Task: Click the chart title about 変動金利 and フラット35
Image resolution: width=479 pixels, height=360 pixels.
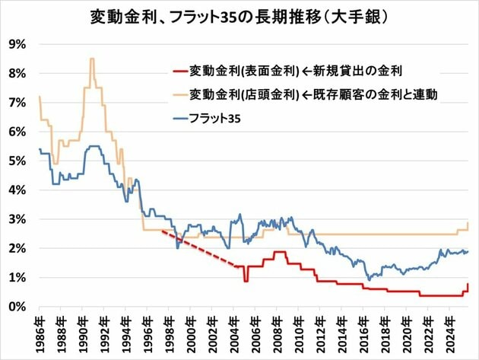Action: coord(239,16)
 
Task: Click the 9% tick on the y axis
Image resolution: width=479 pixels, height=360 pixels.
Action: coord(17,44)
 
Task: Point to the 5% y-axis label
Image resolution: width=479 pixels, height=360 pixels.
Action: coord(17,161)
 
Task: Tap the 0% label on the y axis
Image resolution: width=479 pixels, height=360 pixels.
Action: coord(17,307)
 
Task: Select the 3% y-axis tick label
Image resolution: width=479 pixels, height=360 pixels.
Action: coord(17,219)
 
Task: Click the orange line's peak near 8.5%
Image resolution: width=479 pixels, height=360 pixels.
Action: coord(92,59)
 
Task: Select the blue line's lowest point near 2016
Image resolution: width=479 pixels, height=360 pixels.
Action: coord(369,279)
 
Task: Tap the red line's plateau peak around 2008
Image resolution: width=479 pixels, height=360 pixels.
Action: coord(279,252)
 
